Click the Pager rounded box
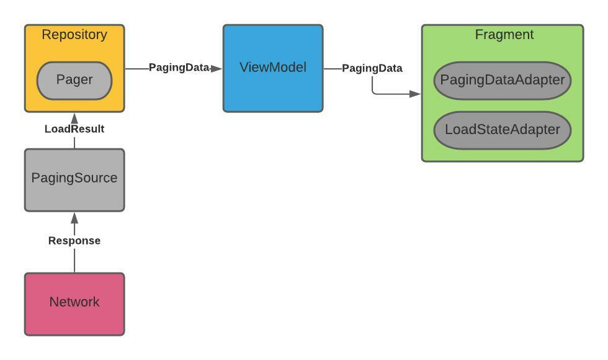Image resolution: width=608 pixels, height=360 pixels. click(x=74, y=80)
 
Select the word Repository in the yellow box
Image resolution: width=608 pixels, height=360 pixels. click(x=74, y=35)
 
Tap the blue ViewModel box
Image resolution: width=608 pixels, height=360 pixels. click(x=273, y=68)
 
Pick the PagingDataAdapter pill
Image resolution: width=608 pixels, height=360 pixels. click(x=502, y=80)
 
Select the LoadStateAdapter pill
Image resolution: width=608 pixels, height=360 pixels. click(x=502, y=130)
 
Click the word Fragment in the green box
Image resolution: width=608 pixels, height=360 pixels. click(x=504, y=35)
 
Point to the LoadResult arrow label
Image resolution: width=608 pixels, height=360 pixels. click(x=74, y=129)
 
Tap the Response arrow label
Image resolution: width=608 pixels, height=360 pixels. click(x=74, y=241)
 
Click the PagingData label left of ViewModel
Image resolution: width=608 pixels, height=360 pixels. click(x=179, y=68)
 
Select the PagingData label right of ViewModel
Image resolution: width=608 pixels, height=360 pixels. click(x=372, y=68)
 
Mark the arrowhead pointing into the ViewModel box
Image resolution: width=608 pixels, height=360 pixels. click(x=217, y=68)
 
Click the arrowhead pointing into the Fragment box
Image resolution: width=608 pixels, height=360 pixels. click(x=415, y=94)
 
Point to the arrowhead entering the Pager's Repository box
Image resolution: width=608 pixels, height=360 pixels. click(x=74, y=117)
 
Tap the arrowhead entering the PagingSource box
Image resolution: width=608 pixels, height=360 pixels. click(x=74, y=217)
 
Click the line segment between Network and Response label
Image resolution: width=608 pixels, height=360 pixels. click(x=74, y=261)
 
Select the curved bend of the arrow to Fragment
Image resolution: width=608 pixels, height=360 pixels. click(x=374, y=92)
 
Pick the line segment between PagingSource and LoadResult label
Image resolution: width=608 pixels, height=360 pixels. click(x=74, y=142)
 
